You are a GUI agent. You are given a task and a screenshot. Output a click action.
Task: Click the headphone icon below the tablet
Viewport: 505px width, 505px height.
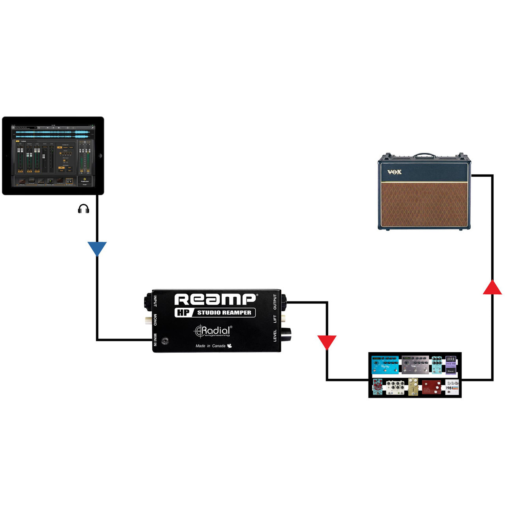83,209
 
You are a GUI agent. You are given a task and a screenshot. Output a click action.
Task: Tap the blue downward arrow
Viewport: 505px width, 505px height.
97,249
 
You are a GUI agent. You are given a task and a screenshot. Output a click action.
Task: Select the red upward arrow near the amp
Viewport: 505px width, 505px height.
492,288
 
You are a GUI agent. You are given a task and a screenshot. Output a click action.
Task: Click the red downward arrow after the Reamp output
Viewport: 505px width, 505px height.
327,342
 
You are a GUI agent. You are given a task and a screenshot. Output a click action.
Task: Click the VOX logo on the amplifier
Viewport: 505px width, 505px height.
394,172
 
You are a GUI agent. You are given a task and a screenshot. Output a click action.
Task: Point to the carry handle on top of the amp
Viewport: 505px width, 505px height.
425,155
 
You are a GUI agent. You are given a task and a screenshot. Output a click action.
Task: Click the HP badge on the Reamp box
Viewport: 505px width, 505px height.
183,312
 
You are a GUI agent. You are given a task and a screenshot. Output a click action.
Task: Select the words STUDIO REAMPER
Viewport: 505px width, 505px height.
224,312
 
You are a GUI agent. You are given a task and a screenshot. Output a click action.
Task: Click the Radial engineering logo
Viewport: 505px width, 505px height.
213,331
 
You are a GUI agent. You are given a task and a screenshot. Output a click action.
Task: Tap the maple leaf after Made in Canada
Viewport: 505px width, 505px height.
229,346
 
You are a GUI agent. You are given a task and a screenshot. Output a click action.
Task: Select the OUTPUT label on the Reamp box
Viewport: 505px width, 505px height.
275,302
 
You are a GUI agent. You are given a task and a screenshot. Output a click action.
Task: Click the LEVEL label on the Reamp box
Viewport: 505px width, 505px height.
275,336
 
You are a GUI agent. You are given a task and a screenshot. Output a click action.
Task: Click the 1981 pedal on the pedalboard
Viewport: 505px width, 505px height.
452,387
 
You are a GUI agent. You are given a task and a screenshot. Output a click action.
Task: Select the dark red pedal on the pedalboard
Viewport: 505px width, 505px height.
431,387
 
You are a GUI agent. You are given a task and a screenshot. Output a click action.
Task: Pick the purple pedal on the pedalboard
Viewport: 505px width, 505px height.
451,365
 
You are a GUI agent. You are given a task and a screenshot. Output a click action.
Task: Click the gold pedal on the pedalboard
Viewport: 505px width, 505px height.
413,387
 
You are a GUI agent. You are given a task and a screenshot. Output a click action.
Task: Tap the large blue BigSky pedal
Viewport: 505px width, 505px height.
385,365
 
